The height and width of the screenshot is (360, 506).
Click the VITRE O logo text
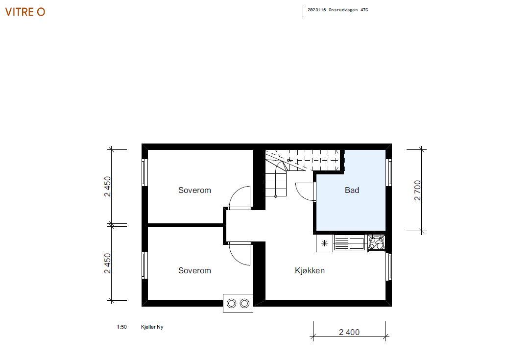25,12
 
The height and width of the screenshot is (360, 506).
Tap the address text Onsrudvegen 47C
348,10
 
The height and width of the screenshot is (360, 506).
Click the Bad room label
352,191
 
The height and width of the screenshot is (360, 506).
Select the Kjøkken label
310,271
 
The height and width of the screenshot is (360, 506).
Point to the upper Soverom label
194,191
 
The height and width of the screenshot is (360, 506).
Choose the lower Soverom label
194,271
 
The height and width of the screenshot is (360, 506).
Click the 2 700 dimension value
417,191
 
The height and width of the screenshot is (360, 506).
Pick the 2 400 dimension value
349,332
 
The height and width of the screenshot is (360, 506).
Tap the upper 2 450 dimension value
107,187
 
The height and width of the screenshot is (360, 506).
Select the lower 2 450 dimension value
107,263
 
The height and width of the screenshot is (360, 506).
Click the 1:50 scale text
121,327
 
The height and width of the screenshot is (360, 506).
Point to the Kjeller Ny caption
152,327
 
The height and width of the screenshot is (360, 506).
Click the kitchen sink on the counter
349,243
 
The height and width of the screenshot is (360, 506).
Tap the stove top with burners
376,243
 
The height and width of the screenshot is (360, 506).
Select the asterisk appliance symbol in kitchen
324,243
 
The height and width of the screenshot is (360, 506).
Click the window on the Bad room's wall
389,172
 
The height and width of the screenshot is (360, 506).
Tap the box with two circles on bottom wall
238,303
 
